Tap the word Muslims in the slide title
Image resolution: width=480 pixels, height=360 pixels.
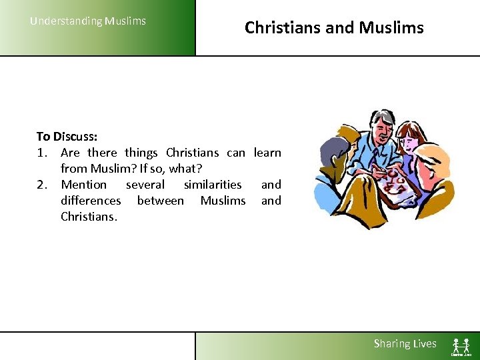tap(391, 27)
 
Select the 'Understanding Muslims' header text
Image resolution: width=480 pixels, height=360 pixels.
tap(88, 21)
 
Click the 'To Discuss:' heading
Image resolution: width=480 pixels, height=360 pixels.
tap(67, 136)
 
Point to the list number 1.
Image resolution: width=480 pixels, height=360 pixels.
tap(41, 152)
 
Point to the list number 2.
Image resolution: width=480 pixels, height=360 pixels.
tap(41, 184)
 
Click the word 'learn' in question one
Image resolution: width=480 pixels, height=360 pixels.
tap(267, 152)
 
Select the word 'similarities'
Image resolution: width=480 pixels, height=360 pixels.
tap(213, 184)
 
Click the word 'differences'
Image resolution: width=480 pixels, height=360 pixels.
tap(91, 200)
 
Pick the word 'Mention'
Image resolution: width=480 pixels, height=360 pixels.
tap(83, 184)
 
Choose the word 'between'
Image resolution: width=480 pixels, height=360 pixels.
tap(160, 200)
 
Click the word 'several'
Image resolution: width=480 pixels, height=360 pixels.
tap(145, 184)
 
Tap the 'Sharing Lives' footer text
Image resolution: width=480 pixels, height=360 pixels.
tap(405, 343)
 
